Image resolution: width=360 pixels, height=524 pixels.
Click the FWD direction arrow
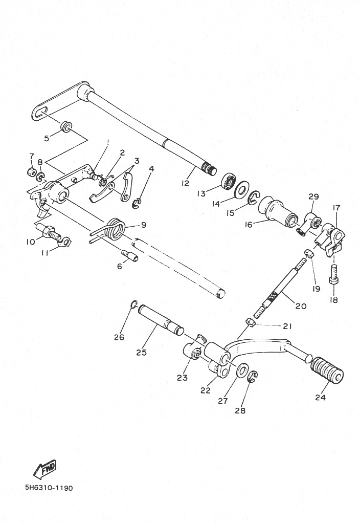[45, 469]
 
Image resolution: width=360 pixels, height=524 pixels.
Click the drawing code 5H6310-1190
[49, 488]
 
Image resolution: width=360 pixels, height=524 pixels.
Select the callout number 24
[320, 397]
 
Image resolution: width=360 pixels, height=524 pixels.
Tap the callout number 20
[301, 305]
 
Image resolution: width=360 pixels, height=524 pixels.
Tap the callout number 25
[141, 352]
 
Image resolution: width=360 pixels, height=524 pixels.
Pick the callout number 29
[313, 196]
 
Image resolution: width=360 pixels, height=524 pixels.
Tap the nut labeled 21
[250, 322]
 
